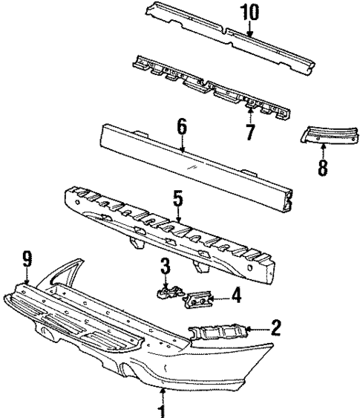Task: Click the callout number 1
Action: (162, 408)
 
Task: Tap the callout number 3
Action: (167, 267)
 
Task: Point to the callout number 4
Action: (235, 296)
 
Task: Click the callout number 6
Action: (182, 129)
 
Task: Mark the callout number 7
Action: (250, 132)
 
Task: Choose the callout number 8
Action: (321, 167)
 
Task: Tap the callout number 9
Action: (27, 260)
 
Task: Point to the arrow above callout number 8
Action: (322, 148)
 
